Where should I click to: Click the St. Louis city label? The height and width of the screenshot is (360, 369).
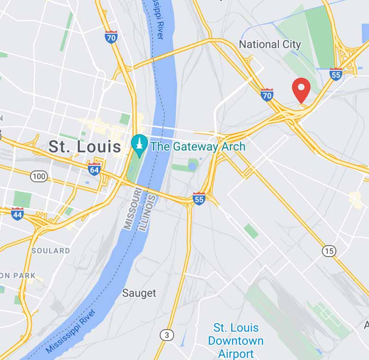click(85, 147)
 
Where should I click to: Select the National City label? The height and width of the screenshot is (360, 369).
click(270, 45)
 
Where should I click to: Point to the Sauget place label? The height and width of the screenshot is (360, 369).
click(139, 293)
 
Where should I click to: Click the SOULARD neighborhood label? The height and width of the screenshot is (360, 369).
click(51, 251)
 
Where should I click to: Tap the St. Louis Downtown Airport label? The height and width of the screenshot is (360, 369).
click(236, 341)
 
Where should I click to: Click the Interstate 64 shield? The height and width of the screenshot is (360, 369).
click(95, 169)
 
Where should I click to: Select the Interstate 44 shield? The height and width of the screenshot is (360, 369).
click(18, 213)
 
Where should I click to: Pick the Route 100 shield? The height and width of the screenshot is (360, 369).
click(38, 176)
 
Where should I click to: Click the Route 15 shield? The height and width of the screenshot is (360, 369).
click(329, 251)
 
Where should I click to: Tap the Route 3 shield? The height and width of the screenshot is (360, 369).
click(167, 334)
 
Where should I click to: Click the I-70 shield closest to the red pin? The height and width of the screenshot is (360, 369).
click(267, 95)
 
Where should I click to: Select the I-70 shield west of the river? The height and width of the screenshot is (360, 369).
click(111, 37)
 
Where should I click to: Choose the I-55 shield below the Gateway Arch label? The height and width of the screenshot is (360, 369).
click(199, 199)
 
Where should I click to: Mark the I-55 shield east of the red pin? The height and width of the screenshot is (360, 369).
click(336, 74)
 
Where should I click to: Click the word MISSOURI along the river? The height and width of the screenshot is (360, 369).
click(130, 208)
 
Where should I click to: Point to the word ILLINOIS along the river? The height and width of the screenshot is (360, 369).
click(149, 212)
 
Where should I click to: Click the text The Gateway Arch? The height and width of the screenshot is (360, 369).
click(198, 147)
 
